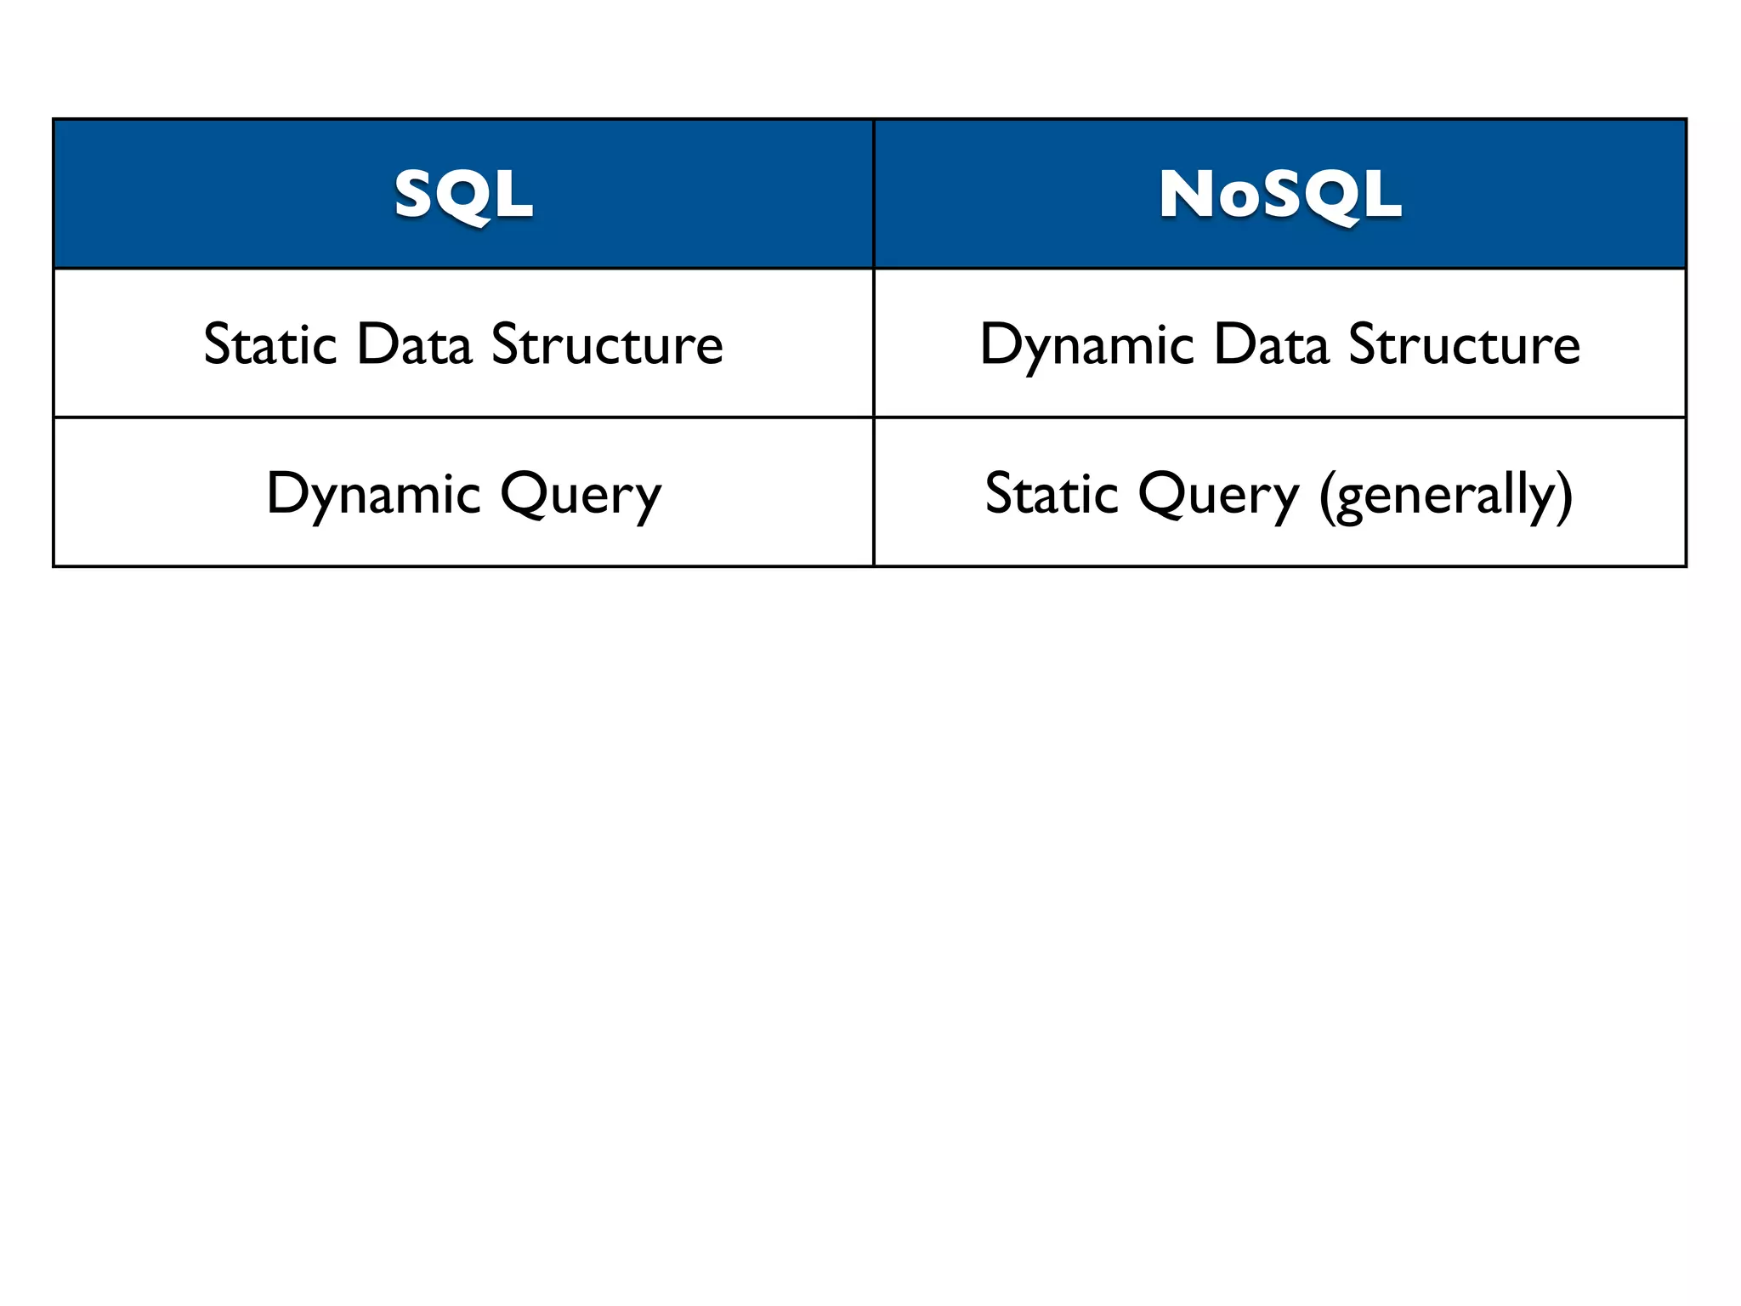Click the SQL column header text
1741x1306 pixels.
pyautogui.click(x=463, y=195)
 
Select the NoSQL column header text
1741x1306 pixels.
pyautogui.click(x=1280, y=195)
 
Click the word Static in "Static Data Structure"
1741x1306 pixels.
pyautogui.click(x=270, y=344)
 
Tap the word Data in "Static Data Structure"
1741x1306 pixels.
pyautogui.click(x=414, y=344)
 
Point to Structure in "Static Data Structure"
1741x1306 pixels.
pyautogui.click(x=607, y=344)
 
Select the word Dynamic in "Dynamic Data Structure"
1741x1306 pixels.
pyautogui.click(x=1086, y=346)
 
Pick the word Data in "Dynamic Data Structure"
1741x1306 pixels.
pyautogui.click(x=1271, y=344)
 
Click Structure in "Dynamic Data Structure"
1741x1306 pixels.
pyautogui.click(x=1464, y=344)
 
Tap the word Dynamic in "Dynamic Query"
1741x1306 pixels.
pyautogui.click(x=373, y=494)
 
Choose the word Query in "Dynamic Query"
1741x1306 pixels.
pyautogui.click(x=580, y=496)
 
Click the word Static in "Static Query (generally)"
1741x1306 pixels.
pyautogui.click(x=1052, y=494)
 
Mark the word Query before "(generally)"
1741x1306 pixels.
pyautogui.click(x=1219, y=496)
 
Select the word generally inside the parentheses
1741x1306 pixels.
pyautogui.click(x=1445, y=496)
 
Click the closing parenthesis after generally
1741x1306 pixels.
pyautogui.click(x=1565, y=496)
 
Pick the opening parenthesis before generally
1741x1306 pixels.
pyautogui.click(x=1327, y=496)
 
